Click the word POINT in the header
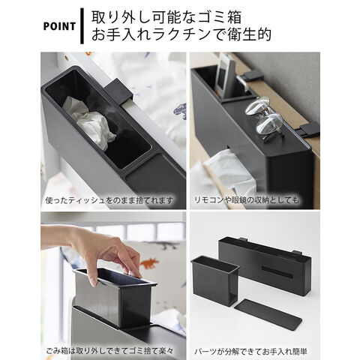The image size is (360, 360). (x=59, y=26)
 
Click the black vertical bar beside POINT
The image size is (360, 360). (x=82, y=26)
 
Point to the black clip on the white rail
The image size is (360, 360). (x=118, y=91)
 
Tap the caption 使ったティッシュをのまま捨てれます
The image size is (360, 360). (x=109, y=200)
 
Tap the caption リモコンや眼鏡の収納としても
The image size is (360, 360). (x=247, y=200)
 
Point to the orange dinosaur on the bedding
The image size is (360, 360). (x=149, y=263)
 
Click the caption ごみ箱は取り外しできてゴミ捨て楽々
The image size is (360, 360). (x=109, y=351)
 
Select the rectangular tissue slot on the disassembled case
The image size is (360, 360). (x=277, y=272)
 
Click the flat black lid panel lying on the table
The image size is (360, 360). (x=268, y=313)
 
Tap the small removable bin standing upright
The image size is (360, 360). (x=215, y=280)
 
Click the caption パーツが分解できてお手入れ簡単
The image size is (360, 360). (x=250, y=351)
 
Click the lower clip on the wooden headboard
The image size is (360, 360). (x=309, y=130)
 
